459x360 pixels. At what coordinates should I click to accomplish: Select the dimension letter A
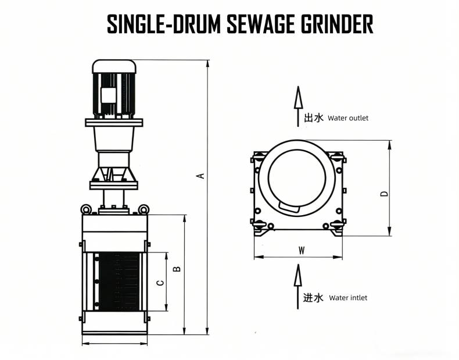201,175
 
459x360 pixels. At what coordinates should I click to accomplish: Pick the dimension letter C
161,282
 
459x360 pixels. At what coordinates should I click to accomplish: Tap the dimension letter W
301,251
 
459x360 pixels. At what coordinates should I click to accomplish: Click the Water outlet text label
348,118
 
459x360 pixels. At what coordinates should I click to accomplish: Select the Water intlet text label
348,298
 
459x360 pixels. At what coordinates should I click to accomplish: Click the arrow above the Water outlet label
297,98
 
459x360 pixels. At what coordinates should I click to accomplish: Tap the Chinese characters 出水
314,118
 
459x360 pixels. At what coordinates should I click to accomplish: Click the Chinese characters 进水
314,298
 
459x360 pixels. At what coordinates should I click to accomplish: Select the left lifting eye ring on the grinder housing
85,209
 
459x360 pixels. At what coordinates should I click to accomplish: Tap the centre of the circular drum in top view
297,180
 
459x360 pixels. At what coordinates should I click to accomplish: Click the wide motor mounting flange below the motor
114,122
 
